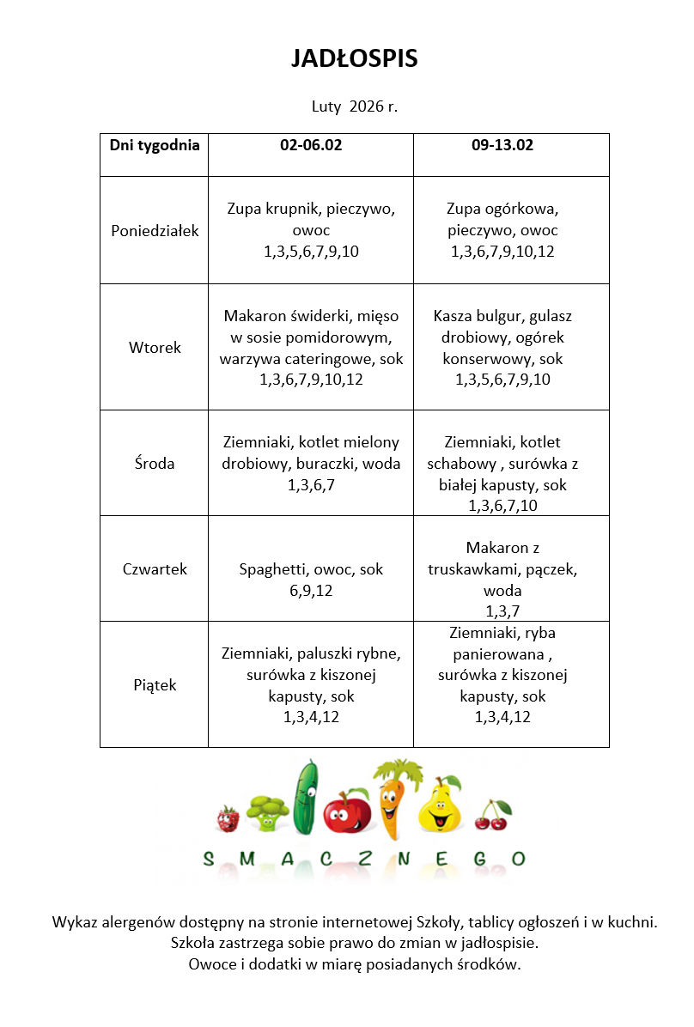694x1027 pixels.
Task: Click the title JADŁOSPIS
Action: point(354,58)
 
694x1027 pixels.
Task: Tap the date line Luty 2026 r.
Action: point(354,107)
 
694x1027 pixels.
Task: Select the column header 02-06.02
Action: point(311,145)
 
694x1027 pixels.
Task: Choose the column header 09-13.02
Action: point(502,145)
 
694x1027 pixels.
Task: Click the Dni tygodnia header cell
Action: point(155,145)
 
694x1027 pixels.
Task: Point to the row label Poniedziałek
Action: point(155,230)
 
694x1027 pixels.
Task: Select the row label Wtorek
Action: point(155,348)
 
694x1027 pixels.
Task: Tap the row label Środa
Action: point(155,464)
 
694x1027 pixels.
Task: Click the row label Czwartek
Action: point(155,569)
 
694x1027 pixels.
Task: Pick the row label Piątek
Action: point(155,685)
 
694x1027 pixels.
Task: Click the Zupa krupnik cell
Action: point(311,229)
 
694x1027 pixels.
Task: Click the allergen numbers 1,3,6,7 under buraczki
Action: point(311,485)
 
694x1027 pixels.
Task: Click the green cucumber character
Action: point(305,799)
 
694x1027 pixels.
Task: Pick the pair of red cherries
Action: point(492,816)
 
